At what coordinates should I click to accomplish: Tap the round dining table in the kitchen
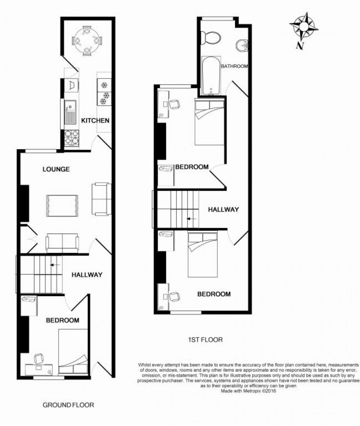[86, 41]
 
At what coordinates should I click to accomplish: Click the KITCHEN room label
[95, 121]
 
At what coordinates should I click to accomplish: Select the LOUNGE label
[56, 169]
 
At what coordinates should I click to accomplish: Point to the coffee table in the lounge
[61, 206]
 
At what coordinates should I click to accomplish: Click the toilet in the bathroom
[211, 37]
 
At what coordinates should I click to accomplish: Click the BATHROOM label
[234, 66]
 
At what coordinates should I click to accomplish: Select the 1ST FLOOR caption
[205, 340]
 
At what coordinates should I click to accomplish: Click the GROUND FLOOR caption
[68, 405]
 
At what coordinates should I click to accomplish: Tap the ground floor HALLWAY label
[87, 275]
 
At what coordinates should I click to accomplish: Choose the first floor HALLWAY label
[223, 209]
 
